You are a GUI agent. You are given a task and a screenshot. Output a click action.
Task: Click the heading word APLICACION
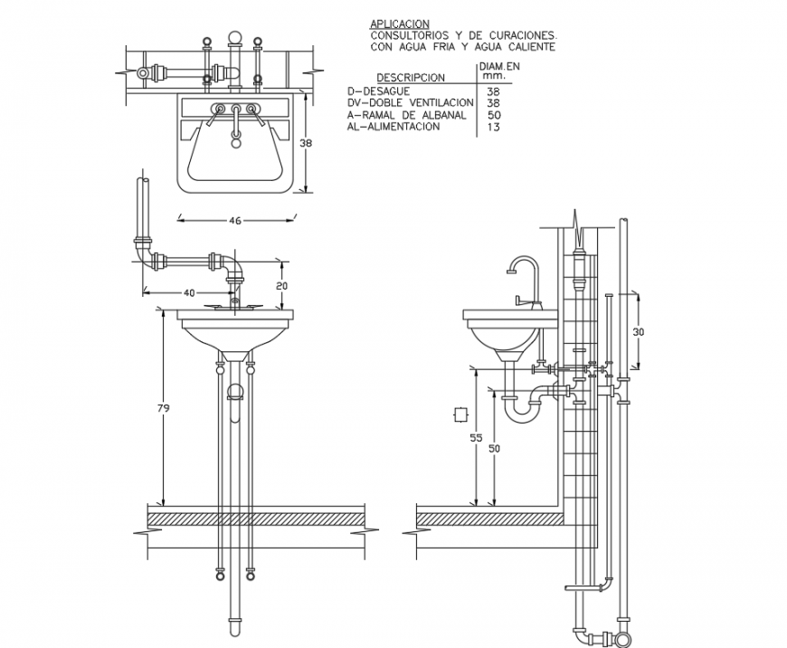399,24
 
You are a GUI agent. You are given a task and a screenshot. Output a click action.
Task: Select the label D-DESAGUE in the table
380,91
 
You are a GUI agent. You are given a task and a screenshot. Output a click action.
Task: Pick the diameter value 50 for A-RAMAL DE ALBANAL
494,115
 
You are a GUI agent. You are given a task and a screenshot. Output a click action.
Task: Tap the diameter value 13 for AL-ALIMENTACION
494,127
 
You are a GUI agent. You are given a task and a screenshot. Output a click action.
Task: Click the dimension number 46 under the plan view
235,220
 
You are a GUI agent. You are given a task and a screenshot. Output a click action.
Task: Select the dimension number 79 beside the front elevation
163,409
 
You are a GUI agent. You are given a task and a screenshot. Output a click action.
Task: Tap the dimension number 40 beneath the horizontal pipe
189,292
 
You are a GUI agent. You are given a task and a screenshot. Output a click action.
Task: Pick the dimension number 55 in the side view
475,437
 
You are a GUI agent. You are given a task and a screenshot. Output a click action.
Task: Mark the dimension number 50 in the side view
493,448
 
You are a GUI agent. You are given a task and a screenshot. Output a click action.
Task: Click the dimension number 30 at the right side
639,332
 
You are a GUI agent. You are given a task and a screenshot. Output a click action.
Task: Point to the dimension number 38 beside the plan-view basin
306,143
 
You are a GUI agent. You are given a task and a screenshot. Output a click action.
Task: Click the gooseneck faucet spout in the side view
522,262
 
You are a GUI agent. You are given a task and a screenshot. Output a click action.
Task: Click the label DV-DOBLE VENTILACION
410,103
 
